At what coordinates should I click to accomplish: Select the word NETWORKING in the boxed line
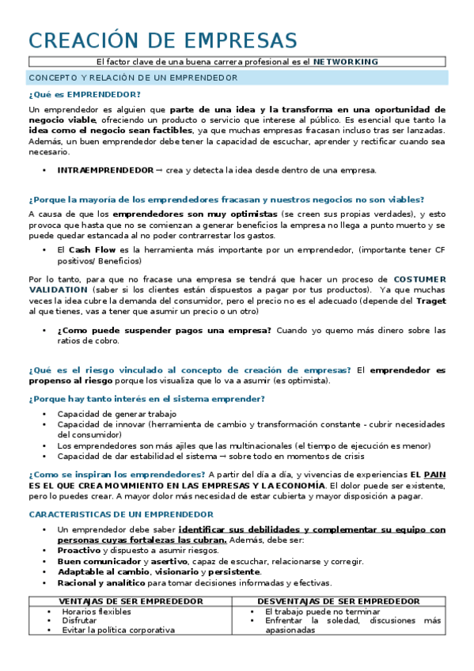click(346, 62)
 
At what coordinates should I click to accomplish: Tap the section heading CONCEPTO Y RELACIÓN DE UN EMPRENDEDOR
click(133, 78)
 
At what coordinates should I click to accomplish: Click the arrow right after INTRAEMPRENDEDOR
click(160, 170)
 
